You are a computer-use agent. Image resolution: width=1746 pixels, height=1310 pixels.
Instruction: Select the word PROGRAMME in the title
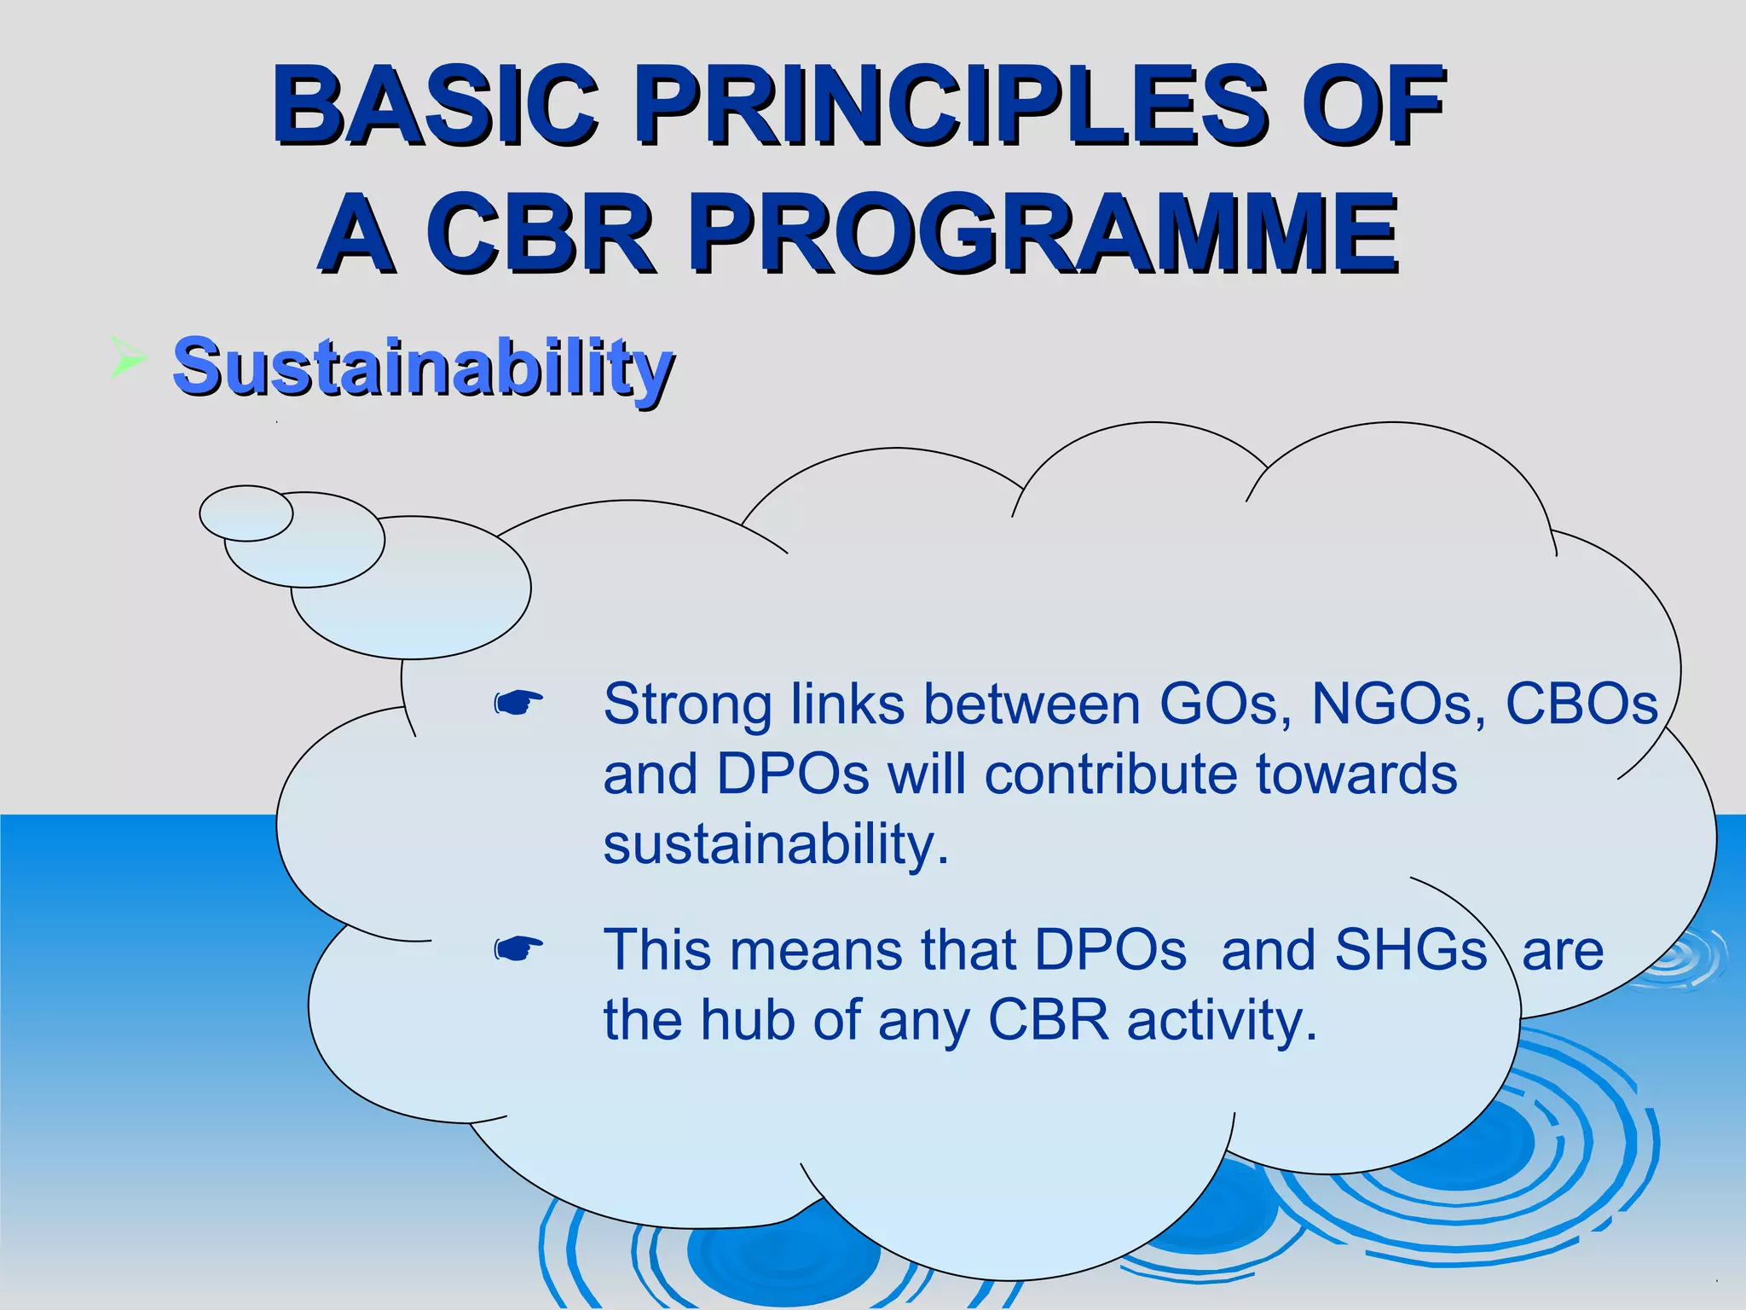click(1044, 234)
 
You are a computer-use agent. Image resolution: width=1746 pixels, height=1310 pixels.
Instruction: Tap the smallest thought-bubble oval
click(246, 513)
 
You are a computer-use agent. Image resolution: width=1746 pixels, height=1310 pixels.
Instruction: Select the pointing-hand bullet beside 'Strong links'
click(518, 704)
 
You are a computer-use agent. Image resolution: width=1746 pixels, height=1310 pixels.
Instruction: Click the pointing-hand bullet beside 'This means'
click(518, 948)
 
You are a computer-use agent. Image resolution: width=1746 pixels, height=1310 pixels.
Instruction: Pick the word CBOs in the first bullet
click(1581, 704)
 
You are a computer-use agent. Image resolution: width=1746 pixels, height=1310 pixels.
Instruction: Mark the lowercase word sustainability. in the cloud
click(776, 844)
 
